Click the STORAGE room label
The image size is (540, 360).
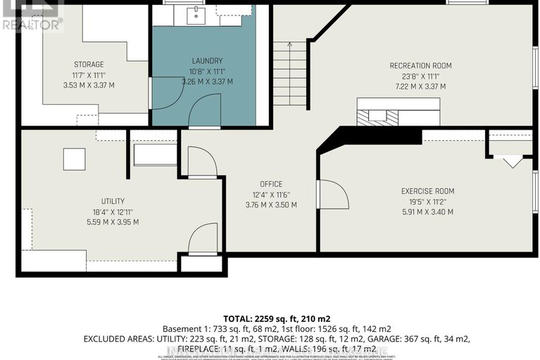point(89,65)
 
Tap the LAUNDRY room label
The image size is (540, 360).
point(206,61)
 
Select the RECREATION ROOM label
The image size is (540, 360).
point(420,66)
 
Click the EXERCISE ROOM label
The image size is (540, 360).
point(427,191)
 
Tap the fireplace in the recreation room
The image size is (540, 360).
point(377,117)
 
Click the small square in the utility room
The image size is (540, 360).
point(74,159)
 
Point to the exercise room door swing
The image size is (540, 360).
point(332,195)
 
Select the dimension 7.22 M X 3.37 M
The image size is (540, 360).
point(420,87)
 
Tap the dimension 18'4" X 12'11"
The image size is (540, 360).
point(97,211)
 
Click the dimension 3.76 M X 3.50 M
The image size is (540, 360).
point(270,205)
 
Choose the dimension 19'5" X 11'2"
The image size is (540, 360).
point(427,201)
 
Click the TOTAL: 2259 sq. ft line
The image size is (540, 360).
point(270,318)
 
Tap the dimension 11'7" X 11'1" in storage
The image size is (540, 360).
point(89,75)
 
